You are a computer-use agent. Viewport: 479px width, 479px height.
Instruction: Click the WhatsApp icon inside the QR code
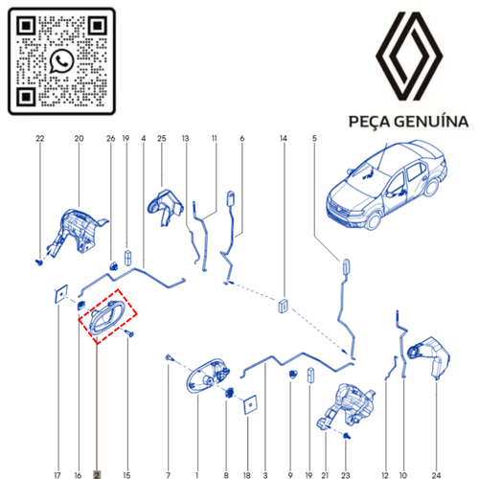click(63, 61)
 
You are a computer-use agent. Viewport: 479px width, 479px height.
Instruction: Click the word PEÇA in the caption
click(365, 123)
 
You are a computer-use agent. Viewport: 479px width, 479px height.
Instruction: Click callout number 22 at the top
click(39, 139)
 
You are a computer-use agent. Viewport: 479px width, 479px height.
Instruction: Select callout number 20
click(80, 139)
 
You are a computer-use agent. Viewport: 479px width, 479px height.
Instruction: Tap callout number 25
click(162, 139)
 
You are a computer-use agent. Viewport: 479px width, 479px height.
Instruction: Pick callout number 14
click(284, 139)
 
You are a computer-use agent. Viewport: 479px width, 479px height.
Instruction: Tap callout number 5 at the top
click(313, 139)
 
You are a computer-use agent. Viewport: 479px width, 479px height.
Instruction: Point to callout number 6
click(242, 139)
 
